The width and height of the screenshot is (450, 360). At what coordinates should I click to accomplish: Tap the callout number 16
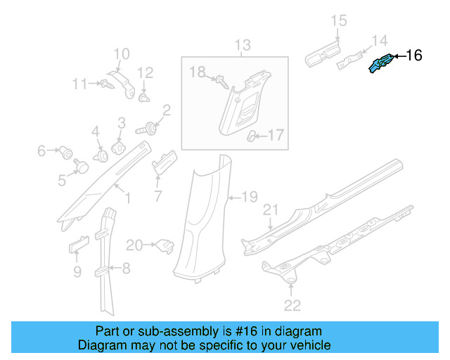click(x=414, y=56)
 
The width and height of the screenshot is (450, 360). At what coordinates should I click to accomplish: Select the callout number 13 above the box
click(x=242, y=46)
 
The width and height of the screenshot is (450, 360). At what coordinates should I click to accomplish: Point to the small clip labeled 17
click(x=252, y=136)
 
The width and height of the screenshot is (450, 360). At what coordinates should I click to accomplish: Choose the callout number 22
click(x=292, y=304)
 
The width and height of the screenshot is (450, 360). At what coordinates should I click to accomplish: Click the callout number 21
click(x=271, y=210)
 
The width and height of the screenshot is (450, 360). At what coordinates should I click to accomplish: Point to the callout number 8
click(x=126, y=267)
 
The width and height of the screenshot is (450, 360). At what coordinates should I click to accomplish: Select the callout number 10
click(x=122, y=53)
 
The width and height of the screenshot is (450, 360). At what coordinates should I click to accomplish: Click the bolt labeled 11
click(x=106, y=84)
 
